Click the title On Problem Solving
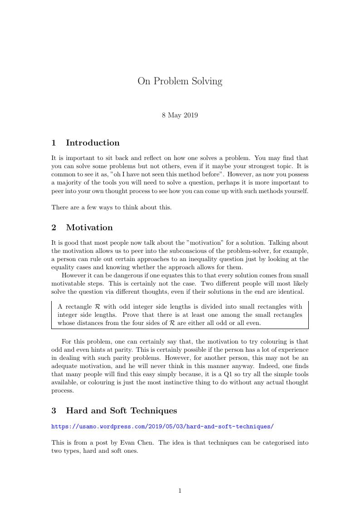click(180, 82)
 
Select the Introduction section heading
click(92, 143)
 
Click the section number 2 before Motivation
click(54, 228)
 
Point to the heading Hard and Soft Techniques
click(121, 411)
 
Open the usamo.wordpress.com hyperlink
click(162, 427)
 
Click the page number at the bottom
click(180, 490)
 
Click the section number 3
click(54, 411)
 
